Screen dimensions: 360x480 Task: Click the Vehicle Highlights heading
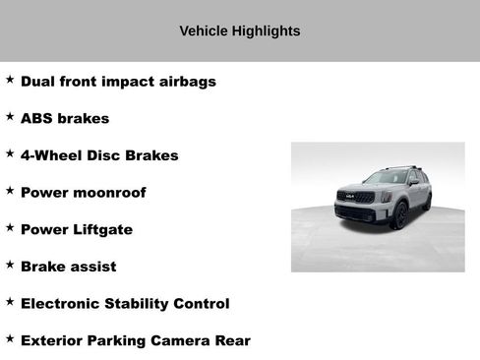[x=240, y=31]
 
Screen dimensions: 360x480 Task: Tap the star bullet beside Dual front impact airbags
[x=10, y=80]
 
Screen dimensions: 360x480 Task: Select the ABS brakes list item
[x=65, y=118]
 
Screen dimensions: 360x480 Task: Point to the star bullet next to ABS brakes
[x=10, y=117]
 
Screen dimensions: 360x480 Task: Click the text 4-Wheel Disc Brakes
[x=99, y=155]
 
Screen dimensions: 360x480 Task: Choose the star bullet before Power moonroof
[x=10, y=191]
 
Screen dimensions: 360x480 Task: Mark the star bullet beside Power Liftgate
[x=10, y=228]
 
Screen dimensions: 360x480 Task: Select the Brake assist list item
[x=68, y=267]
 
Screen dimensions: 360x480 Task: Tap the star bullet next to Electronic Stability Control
[x=10, y=302]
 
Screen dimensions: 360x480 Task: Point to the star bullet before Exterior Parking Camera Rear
[x=10, y=339]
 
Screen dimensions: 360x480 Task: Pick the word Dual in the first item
[x=38, y=81]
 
